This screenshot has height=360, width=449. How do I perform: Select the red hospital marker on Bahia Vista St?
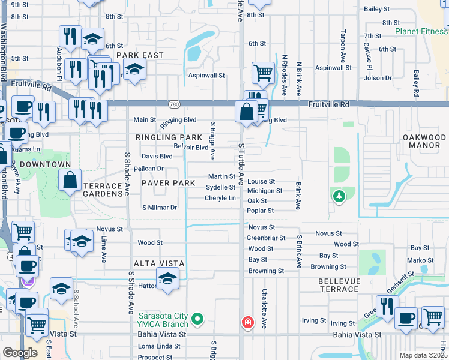tap(247, 322)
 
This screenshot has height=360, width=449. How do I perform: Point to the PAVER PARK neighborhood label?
tap(167, 182)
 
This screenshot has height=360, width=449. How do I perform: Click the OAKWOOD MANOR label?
tap(424, 142)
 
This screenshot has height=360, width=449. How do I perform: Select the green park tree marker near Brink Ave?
tap(339, 196)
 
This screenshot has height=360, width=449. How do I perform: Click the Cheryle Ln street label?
tap(220, 198)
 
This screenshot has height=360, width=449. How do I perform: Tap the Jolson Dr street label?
tap(378, 78)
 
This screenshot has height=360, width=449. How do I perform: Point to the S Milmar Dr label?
tap(159, 208)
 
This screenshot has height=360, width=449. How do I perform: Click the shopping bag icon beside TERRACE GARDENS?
tap(70, 179)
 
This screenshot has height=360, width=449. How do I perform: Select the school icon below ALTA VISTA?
tap(167, 278)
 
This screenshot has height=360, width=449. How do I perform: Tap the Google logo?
tap(20, 353)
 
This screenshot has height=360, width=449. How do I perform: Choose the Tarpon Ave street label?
tap(343, 41)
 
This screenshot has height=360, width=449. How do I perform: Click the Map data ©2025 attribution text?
tap(423, 355)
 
